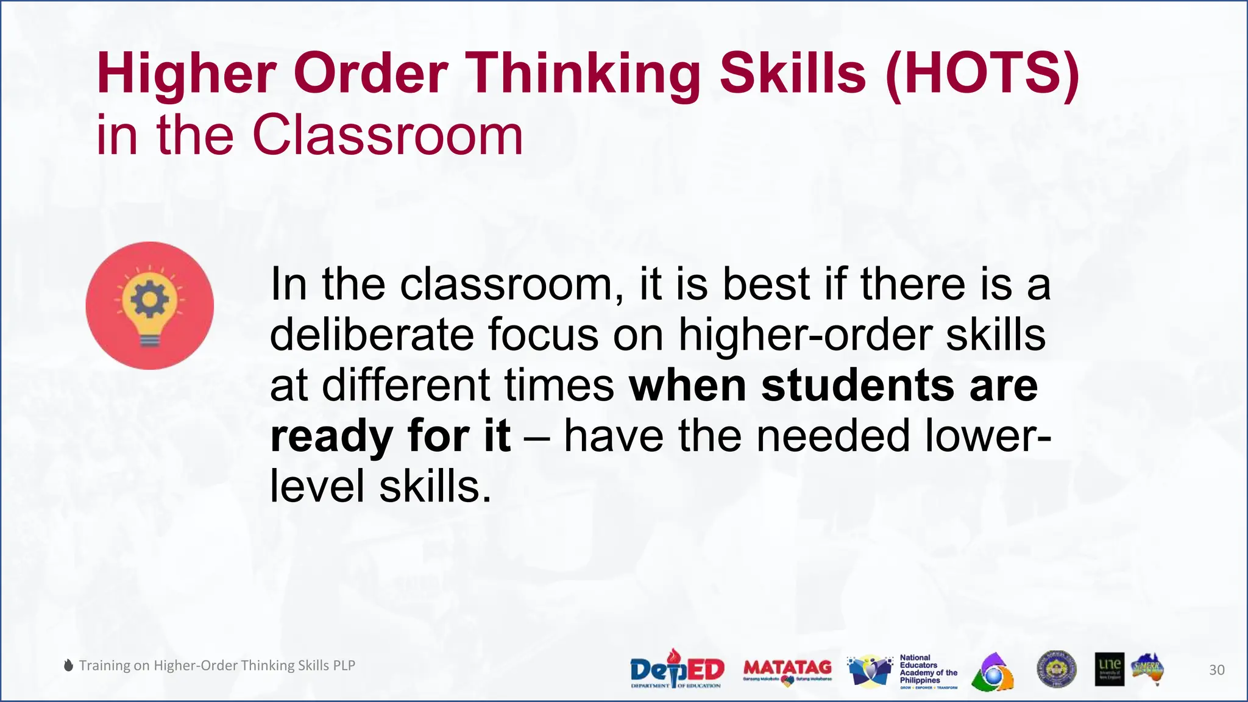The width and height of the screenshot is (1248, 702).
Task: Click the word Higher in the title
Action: click(186, 74)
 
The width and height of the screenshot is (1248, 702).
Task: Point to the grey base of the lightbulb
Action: click(149, 340)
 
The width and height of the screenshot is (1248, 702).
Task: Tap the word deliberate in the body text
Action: click(371, 335)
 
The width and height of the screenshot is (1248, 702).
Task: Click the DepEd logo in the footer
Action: click(676, 670)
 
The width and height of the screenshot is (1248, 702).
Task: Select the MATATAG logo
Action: click(787, 670)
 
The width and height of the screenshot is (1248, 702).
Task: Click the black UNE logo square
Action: click(1109, 669)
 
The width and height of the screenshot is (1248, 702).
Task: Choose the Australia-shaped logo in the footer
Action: click(1148, 669)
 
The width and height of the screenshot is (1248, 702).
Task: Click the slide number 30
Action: click(1216, 670)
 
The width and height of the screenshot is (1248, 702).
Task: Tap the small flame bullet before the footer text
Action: click(69, 665)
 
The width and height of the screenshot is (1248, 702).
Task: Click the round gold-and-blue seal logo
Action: click(1056, 670)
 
